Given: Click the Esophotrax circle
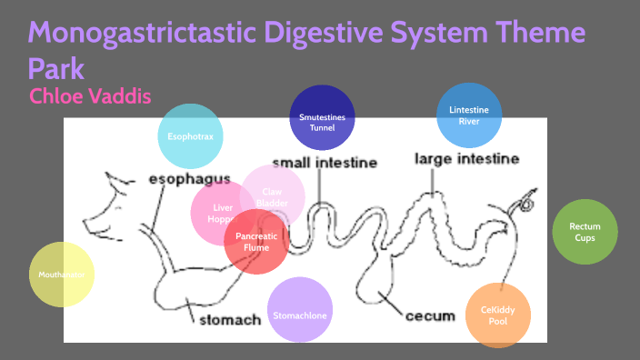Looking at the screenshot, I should pos(190,136).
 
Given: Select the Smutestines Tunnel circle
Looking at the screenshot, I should pos(322,121).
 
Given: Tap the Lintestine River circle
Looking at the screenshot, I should pos(469,115).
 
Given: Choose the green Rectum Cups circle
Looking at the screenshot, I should pos(585,232).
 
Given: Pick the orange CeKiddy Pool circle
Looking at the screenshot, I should pos(497,315).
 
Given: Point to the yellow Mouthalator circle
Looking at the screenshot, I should pos(61,275).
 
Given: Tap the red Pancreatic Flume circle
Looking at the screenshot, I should pos(257,241).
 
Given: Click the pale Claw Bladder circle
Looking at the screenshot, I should pos(273,196).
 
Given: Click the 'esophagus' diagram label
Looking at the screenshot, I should pos(189,179).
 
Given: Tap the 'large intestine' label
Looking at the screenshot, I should pos(467,159).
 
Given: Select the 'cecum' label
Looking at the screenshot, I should pos(430,315).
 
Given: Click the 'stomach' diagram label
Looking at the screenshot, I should pos(230,319).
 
